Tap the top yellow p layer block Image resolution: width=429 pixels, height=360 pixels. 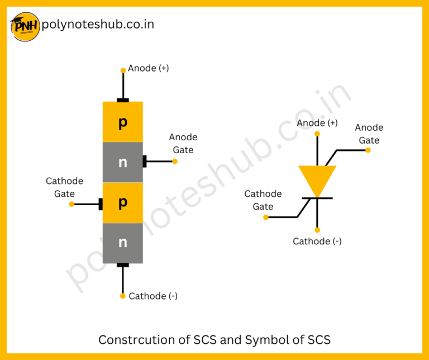tap(123, 122)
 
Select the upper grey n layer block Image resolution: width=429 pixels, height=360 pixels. tap(123, 163)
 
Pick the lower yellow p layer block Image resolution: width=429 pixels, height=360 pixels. tap(123, 202)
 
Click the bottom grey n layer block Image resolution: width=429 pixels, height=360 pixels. tap(123, 243)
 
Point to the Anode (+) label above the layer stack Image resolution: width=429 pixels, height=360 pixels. tap(149, 68)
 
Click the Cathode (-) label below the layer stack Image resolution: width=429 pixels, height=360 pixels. tap(153, 296)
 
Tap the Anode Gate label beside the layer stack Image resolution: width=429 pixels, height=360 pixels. tap(183, 144)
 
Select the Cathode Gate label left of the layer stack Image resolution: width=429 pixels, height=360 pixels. tap(64, 187)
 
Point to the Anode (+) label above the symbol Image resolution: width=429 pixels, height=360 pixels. tap(317, 123)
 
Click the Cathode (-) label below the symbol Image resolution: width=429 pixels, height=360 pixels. tap(317, 241)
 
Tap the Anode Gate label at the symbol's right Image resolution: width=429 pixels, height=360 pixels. tap(369, 134)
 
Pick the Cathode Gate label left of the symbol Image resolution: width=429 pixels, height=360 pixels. tap(263, 200)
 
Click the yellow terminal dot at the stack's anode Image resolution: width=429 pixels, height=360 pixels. tap(123, 71)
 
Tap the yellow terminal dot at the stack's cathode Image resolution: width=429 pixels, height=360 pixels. tap(123, 296)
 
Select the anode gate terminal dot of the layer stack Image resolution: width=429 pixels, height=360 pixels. tap(175, 162)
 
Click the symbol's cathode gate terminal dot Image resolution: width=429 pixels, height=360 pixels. tap(266, 217)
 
